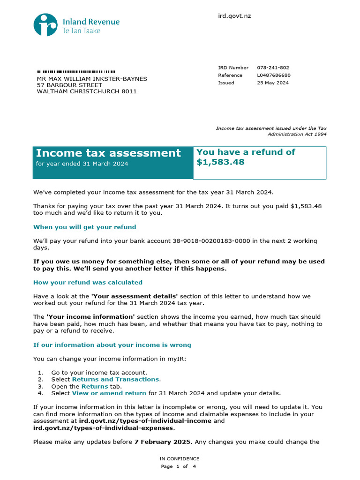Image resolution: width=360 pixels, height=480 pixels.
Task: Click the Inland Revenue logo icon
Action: pos(45,25)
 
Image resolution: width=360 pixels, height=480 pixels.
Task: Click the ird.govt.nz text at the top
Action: pos(234,16)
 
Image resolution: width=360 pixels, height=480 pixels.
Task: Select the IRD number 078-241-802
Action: pos(273,68)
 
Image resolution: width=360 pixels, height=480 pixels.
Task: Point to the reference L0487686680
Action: pos(274,75)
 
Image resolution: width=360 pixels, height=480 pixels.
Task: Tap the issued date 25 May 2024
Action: pos(273,83)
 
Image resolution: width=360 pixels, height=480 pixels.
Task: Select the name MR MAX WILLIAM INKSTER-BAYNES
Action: pos(92,79)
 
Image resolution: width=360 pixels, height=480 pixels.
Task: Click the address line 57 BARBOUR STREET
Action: pos(69,85)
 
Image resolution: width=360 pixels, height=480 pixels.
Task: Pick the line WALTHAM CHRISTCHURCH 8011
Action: pos(87,91)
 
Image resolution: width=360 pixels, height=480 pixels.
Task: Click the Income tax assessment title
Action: pos(108,153)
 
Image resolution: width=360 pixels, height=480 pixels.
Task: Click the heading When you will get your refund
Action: pos(84,227)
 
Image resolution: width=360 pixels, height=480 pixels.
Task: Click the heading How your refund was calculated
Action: pos(88,283)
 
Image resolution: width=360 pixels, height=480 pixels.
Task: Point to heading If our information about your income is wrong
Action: pos(112,345)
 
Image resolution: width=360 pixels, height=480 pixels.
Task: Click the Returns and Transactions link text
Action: pos(115,379)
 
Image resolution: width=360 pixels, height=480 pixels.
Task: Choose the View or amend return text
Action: pos(109,393)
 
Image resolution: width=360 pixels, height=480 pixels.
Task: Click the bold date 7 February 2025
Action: pos(163,442)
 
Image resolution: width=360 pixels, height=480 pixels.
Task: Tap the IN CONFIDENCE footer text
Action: pos(179,459)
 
